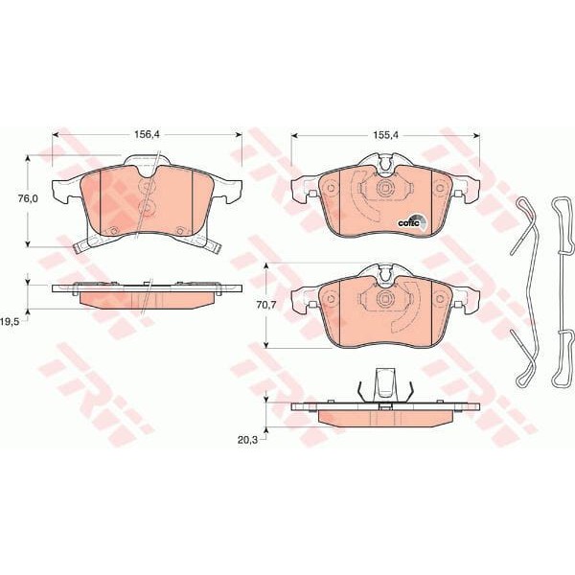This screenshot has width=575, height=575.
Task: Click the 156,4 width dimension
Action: click(x=147, y=136)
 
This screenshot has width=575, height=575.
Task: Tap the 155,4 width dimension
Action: click(x=384, y=136)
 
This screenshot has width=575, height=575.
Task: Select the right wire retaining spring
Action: click(x=562, y=287)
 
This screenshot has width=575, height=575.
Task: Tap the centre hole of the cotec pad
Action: click(x=383, y=189)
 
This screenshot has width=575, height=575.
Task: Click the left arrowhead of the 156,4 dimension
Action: click(x=56, y=136)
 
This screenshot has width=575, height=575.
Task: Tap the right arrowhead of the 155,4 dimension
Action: click(x=479, y=136)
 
